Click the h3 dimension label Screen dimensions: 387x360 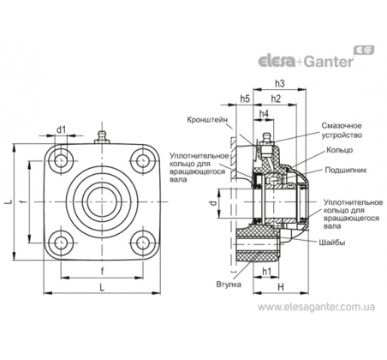point(280,83)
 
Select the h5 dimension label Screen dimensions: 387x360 point(245,99)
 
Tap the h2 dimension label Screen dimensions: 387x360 point(276,99)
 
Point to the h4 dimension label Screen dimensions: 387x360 point(264,114)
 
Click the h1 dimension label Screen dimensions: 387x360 point(266,272)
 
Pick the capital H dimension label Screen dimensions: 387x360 point(281,287)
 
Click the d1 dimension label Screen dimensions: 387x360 point(61,129)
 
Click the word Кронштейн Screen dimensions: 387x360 point(207,119)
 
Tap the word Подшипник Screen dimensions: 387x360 point(346,171)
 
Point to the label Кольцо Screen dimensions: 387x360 point(340,150)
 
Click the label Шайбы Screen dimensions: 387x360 point(332,243)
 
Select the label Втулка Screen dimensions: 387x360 point(229,285)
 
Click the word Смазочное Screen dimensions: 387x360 point(342,126)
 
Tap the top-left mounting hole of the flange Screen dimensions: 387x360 point(61,161)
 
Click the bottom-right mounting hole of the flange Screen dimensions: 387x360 point(143,243)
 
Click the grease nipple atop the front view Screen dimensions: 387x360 point(101,137)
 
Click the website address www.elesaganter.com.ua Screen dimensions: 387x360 point(316,307)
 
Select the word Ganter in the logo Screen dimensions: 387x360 point(328,62)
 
